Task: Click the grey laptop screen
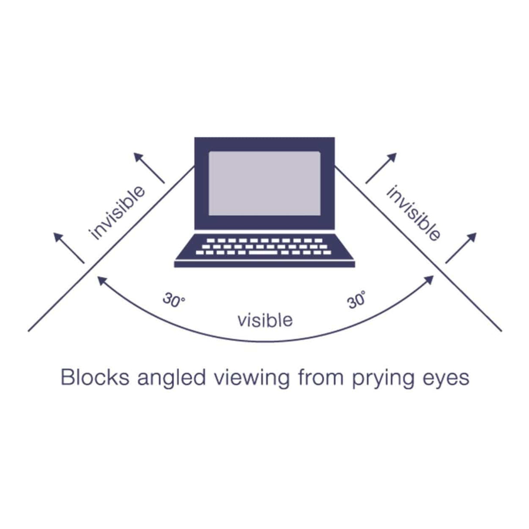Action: (264, 183)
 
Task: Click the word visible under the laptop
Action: (265, 320)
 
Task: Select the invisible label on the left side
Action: (116, 213)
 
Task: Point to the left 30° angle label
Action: (173, 300)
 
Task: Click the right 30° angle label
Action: (356, 300)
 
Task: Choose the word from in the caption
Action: (321, 377)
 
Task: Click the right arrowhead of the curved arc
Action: (430, 280)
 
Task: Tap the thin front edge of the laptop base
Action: (264, 264)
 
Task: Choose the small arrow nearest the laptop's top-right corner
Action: (381, 168)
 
